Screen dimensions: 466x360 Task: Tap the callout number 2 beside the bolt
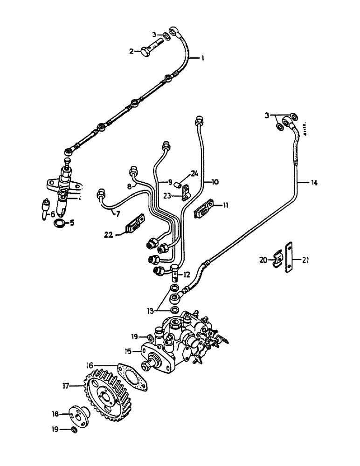pos(132,51)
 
